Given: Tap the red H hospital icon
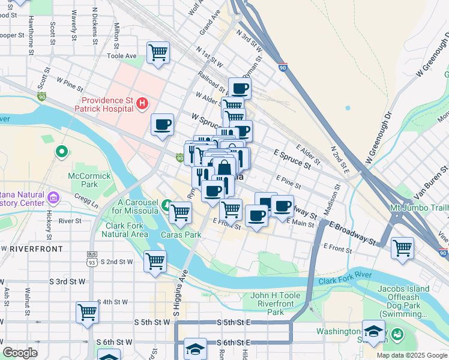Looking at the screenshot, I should (x=142, y=104).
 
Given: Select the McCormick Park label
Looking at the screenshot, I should (x=82, y=181).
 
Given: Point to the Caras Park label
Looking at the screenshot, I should (x=181, y=235).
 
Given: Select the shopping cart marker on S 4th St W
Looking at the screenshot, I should (x=87, y=312).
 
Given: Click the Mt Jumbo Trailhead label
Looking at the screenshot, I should (x=419, y=208).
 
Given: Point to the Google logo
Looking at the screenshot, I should (x=20, y=353).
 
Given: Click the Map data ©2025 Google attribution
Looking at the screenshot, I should (x=411, y=355).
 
